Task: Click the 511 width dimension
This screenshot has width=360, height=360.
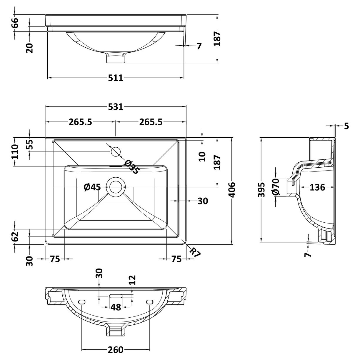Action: [x=116, y=78]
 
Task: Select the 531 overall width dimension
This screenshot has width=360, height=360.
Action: [x=116, y=107]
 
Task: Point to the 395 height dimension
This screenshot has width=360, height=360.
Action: [x=261, y=190]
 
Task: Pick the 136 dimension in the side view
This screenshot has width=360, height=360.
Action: [x=317, y=187]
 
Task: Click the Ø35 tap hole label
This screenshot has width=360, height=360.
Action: [x=131, y=167]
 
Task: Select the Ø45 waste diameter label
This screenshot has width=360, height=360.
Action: [x=92, y=187]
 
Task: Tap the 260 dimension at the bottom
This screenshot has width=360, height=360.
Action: [x=116, y=350]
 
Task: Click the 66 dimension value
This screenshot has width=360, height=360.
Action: [x=15, y=23]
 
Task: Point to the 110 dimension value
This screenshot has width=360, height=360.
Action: [x=15, y=152]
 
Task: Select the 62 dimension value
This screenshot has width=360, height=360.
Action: [x=15, y=236]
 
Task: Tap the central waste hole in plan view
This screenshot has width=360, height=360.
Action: [x=116, y=187]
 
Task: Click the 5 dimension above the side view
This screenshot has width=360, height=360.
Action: [x=346, y=126]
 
